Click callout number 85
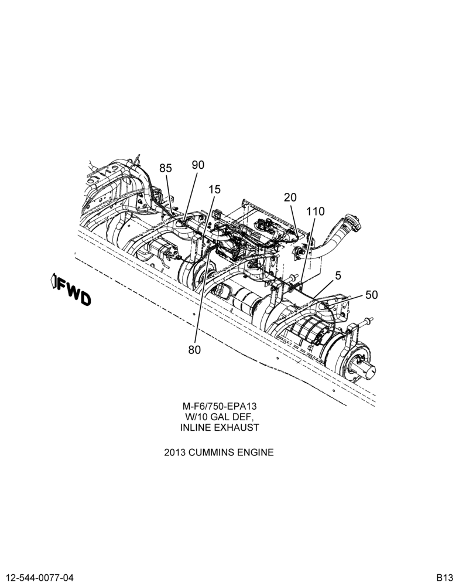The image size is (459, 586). pyautogui.click(x=166, y=168)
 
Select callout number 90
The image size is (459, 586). pyautogui.click(x=198, y=165)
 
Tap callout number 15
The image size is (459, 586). pyautogui.click(x=215, y=189)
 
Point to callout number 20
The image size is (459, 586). pyautogui.click(x=290, y=197)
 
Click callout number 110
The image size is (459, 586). pyautogui.click(x=316, y=212)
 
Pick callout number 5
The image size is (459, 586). pyautogui.click(x=338, y=276)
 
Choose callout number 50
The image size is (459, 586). pyautogui.click(x=372, y=295)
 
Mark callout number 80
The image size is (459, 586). pyautogui.click(x=194, y=350)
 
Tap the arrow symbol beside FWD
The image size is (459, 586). pyautogui.click(x=54, y=281)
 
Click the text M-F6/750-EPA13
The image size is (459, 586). pyautogui.click(x=220, y=406)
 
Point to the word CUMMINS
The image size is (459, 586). pyautogui.click(x=211, y=452)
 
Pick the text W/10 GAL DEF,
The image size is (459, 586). pyautogui.click(x=220, y=417)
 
